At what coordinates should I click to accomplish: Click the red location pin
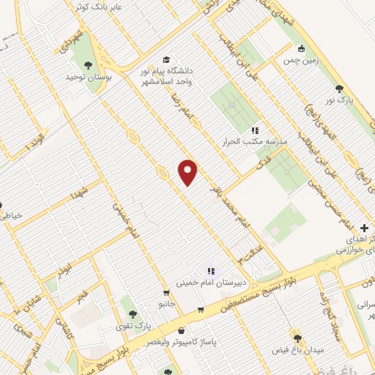click(x=188, y=172)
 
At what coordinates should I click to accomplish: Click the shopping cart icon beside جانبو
click(x=200, y=308)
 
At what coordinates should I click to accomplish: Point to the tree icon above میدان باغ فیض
click(x=297, y=338)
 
